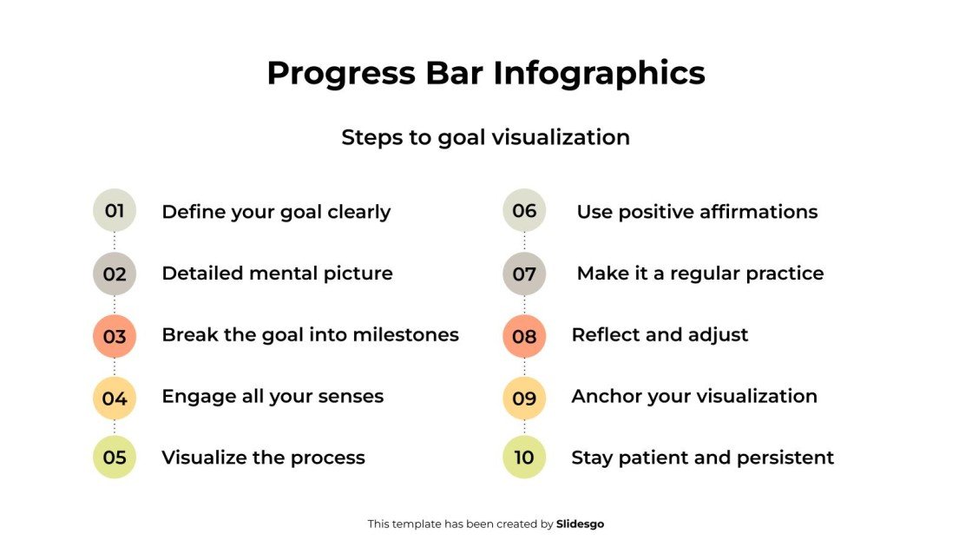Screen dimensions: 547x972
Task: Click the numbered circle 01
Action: [x=115, y=211]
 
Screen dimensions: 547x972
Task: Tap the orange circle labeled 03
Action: [x=115, y=336]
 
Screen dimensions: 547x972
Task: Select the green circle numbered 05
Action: [x=115, y=458]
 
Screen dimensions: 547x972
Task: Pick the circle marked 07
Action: [x=524, y=274]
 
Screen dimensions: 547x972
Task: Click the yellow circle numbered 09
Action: [x=524, y=399]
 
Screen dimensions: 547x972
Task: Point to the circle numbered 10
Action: [x=524, y=458]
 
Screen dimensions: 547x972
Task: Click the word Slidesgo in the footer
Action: [x=581, y=524]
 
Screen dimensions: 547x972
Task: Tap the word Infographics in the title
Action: [x=600, y=73]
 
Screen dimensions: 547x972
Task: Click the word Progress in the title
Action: [x=340, y=73]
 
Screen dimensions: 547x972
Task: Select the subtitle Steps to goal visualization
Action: [x=485, y=137]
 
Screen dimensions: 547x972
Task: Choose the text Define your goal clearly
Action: [x=276, y=212]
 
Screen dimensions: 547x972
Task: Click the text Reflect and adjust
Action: [x=660, y=335]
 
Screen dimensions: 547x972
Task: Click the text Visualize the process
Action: [x=263, y=458]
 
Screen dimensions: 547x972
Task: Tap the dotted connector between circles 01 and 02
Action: [x=115, y=242]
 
